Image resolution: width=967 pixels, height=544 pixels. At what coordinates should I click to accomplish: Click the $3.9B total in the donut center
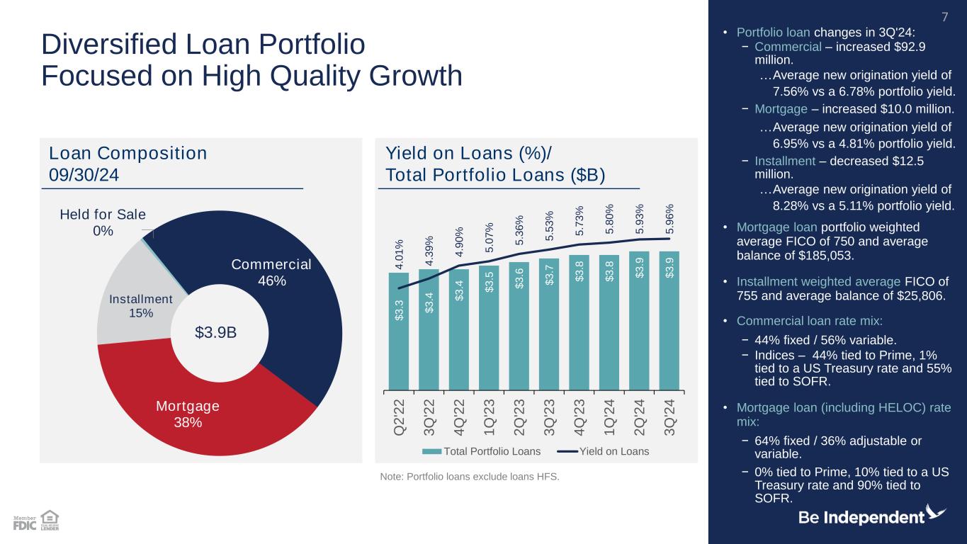[216, 332]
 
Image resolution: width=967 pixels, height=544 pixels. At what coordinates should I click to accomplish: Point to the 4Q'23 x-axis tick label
[579, 419]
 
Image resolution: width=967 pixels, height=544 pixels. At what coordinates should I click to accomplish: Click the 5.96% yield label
[669, 220]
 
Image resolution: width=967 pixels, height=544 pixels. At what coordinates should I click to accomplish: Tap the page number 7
[943, 16]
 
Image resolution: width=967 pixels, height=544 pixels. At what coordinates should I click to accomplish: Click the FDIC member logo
[25, 523]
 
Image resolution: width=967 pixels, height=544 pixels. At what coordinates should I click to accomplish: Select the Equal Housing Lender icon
[50, 520]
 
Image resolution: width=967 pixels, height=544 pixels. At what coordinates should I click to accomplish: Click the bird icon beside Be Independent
[937, 513]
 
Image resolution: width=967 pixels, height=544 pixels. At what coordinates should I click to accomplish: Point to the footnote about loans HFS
[470, 477]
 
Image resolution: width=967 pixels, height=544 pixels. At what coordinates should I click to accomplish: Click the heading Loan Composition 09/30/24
[128, 163]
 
